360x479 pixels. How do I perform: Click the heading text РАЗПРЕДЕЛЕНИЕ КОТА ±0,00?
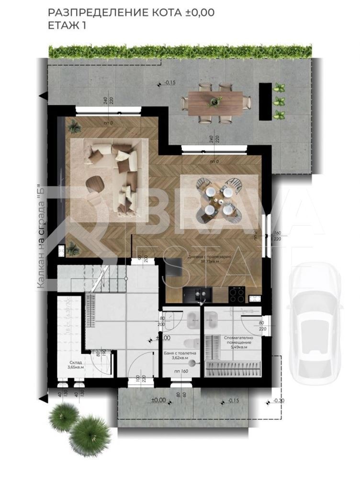[131, 12]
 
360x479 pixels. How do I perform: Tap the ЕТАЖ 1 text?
[67, 25]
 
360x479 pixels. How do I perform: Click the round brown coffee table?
[95, 183]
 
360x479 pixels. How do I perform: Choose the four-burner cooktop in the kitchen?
[236, 294]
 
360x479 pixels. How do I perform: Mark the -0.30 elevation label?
[279, 400]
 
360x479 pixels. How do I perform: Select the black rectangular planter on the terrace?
[262, 102]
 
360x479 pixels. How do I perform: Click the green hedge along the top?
[180, 51]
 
